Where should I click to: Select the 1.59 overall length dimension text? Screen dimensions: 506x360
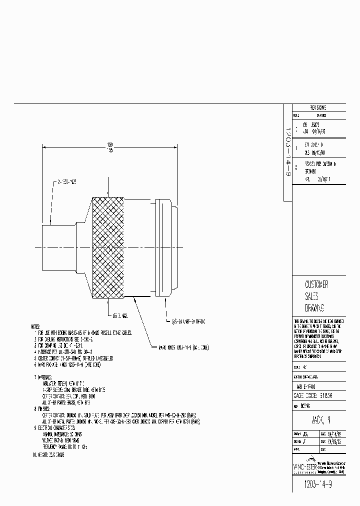(x=109, y=144)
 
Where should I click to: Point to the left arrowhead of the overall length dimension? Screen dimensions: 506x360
(x=44, y=147)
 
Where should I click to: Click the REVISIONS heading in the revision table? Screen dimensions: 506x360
(x=318, y=107)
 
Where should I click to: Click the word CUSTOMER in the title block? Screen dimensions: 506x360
(x=316, y=284)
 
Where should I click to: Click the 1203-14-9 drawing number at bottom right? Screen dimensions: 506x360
(x=318, y=485)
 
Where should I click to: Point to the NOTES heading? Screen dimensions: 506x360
(x=38, y=326)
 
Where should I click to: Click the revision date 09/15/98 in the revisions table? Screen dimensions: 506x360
(x=315, y=153)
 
